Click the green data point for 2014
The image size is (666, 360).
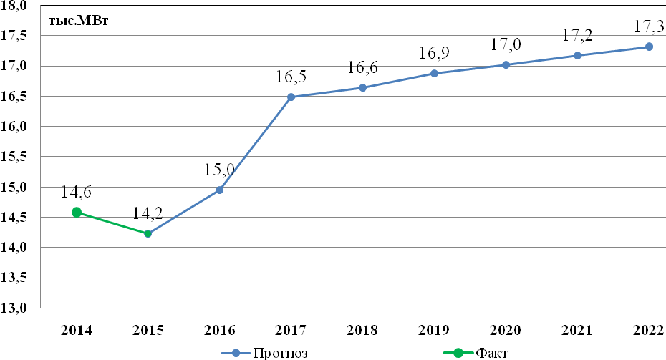tap(77, 213)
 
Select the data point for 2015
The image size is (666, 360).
tap(148, 233)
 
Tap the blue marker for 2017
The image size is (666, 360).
tap(291, 97)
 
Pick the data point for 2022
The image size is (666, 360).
tap(649, 47)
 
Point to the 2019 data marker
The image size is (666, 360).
tap(434, 74)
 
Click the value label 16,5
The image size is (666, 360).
tap(291, 77)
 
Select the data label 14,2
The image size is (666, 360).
tap(148, 213)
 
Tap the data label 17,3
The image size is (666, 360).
tap(650, 26)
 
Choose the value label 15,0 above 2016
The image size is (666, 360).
tap(219, 170)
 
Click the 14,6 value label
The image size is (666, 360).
tap(76, 192)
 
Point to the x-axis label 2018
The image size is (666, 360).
tap(362, 330)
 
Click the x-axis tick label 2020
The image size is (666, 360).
tap(506, 330)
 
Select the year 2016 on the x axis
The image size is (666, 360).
tap(219, 330)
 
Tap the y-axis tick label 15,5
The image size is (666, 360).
tap(14, 157)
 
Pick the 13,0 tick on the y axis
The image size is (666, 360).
tap(14, 308)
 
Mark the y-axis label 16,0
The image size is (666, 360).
tap(14, 127)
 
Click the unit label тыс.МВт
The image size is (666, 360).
tap(79, 21)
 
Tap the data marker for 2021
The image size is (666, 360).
tap(577, 56)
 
